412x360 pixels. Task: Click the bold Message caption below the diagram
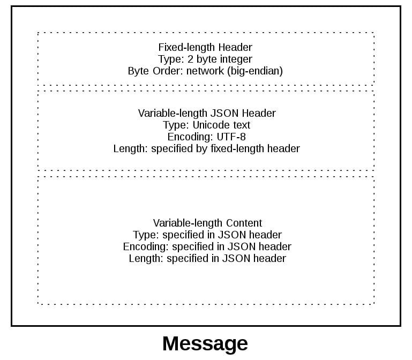[205, 343]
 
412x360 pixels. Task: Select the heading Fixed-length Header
[205, 47]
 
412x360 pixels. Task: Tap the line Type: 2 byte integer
[205, 59]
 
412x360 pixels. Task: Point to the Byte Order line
[205, 71]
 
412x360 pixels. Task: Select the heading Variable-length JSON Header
[207, 113]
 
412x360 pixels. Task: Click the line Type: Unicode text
[207, 125]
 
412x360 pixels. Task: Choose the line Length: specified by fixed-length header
[207, 148]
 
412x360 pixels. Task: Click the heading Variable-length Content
[207, 223]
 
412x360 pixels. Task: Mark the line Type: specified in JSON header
[207, 235]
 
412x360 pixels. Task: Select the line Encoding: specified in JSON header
[207, 246]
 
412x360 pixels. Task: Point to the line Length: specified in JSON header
[207, 258]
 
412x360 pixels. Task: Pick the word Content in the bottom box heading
[244, 223]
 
